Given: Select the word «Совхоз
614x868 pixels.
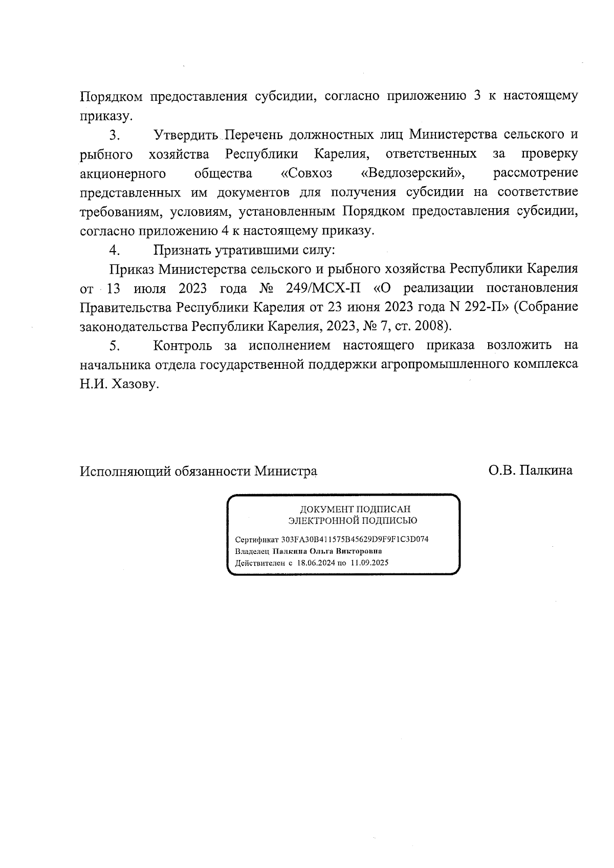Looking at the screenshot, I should coord(306,173).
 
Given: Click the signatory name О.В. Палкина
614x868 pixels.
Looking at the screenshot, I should coord(530,471).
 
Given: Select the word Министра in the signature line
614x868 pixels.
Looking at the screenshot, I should coord(286,471).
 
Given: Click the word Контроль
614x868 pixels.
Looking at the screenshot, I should coord(183,346).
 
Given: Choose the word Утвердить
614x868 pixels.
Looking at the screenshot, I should coord(186,135).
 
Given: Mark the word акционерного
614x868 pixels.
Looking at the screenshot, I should coord(123,173).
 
